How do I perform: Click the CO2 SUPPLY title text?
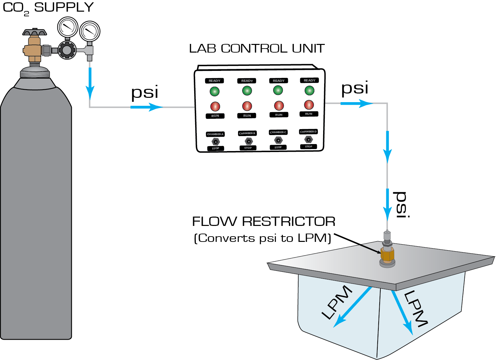(x=48, y=8)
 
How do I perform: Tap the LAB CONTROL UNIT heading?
(x=257, y=49)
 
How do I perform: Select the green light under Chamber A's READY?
(x=214, y=91)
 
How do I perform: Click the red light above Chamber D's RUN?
(x=309, y=105)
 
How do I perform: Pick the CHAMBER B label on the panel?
(x=247, y=133)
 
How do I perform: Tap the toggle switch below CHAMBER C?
(x=278, y=140)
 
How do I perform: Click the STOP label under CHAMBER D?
(x=309, y=146)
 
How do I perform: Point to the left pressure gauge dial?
(x=67, y=27)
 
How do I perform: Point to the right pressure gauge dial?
(x=90, y=32)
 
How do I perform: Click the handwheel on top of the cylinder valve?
(x=35, y=33)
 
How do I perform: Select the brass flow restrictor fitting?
(x=387, y=254)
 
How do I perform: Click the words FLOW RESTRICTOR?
(x=264, y=222)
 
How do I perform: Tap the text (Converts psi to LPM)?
(x=263, y=238)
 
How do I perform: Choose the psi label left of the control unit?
(x=145, y=92)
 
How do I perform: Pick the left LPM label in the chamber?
(x=336, y=302)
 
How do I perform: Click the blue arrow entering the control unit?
(x=146, y=107)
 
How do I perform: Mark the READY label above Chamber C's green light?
(x=279, y=81)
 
